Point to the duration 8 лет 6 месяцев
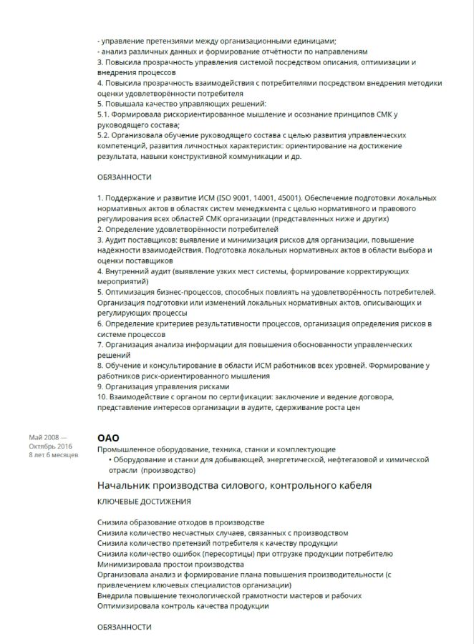point(54,454)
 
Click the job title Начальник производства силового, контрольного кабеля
point(234,486)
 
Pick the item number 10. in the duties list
point(102,397)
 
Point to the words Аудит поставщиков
point(137,240)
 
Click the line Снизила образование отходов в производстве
point(180,522)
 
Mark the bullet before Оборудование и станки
point(110,459)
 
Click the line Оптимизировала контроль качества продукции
point(183,606)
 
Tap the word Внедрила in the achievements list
point(115,595)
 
